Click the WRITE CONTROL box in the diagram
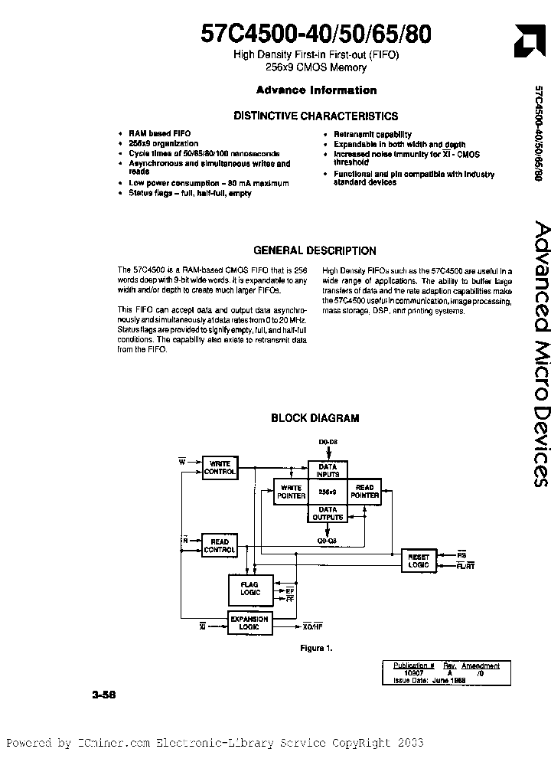click(220, 468)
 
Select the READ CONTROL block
click(220, 546)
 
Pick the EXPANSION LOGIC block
click(249, 623)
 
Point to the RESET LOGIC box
click(419, 561)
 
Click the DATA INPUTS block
click(328, 470)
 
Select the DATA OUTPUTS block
click(328, 514)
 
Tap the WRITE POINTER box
click(291, 492)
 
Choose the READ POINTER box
click(365, 492)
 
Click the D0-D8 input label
click(328, 443)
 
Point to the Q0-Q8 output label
click(328, 540)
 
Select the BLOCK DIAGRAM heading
click(315, 418)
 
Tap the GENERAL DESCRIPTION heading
click(315, 250)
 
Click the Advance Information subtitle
click(316, 90)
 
